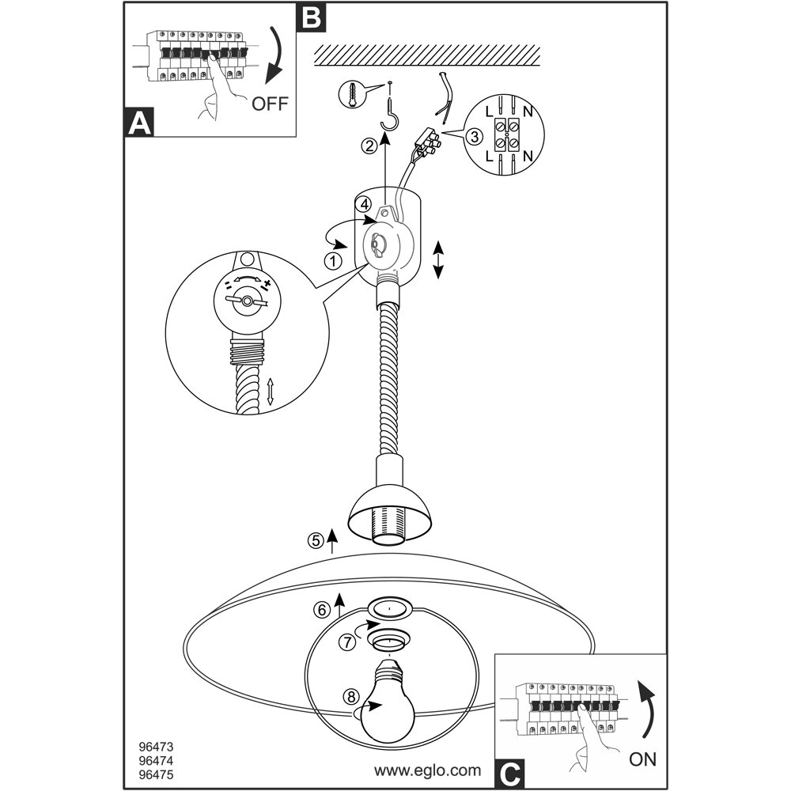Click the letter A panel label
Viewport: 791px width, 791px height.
pos(139,125)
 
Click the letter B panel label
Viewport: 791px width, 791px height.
pos(312,17)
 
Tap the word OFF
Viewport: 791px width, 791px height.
pos(271,104)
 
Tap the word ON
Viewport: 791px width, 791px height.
pos(643,759)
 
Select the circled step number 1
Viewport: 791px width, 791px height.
pos(335,260)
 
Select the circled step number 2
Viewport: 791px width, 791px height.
pos(369,146)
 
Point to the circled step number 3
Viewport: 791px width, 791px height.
pos(474,136)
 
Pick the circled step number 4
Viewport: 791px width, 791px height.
pos(365,203)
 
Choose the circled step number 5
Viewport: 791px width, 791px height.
pos(316,541)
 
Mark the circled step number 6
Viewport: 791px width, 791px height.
pos(322,610)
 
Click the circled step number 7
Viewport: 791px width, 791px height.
pos(346,642)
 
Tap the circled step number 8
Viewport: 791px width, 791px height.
pos(351,697)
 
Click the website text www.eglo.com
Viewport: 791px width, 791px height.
pos(427,769)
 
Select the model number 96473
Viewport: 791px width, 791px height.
pos(154,745)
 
